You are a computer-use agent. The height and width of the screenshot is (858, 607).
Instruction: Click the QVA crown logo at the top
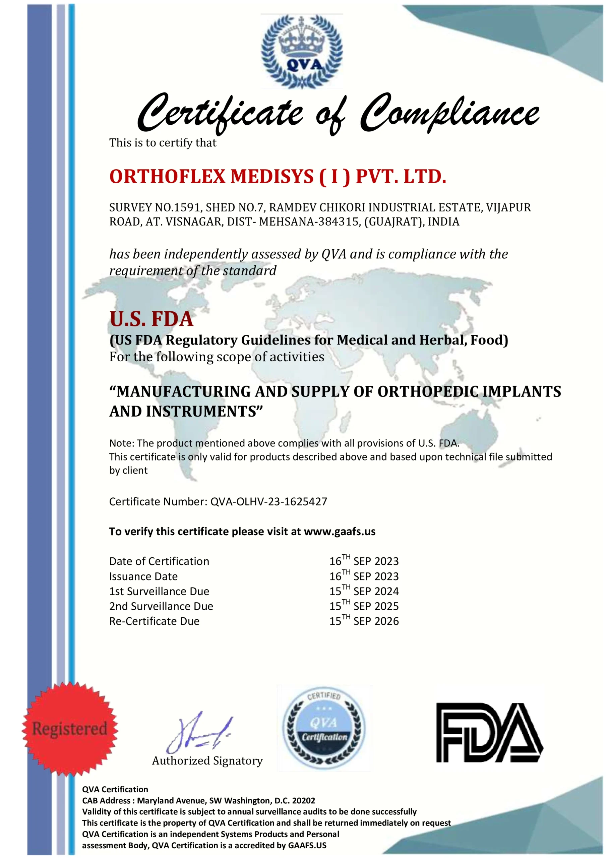pyautogui.click(x=302, y=51)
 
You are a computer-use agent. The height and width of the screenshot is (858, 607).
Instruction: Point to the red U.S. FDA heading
pyautogui.click(x=151, y=319)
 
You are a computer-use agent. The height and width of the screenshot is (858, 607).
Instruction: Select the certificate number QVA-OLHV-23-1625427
pyautogui.click(x=269, y=501)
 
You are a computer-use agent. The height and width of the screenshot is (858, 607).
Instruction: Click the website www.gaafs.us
pyautogui.click(x=340, y=532)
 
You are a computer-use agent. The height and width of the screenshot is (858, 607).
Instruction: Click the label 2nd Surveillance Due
pyautogui.click(x=161, y=606)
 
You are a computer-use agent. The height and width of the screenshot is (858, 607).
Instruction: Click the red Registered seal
pyautogui.click(x=70, y=729)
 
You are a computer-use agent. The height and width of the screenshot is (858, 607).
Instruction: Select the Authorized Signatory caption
pyautogui.click(x=207, y=761)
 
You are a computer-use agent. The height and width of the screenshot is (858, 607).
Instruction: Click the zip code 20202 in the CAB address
pyautogui.click(x=304, y=800)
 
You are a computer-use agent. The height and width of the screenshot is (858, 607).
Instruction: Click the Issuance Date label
pyautogui.click(x=143, y=576)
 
